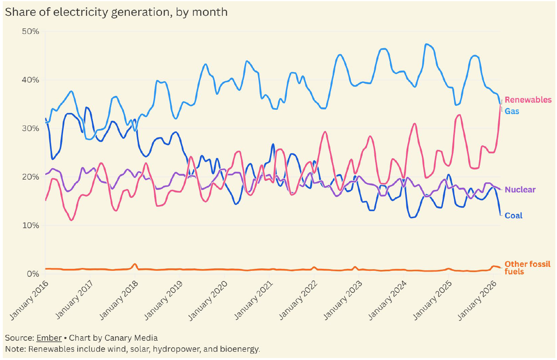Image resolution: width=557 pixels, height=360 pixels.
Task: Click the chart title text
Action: click(x=116, y=12)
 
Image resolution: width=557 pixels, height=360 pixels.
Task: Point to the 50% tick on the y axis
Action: click(x=31, y=32)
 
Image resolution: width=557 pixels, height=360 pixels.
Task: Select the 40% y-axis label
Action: click(x=31, y=80)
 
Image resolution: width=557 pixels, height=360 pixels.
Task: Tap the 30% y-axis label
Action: click(x=31, y=129)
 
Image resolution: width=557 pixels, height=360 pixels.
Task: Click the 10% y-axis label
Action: click(x=31, y=225)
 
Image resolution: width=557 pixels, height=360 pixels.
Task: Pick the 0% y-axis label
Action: click(x=33, y=274)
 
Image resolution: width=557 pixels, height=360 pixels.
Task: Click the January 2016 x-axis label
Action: click(x=29, y=300)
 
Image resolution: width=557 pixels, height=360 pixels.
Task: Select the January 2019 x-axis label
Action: click(x=163, y=300)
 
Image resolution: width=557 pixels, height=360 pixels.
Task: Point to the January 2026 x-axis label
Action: click(x=477, y=300)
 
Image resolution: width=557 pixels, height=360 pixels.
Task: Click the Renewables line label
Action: click(x=528, y=100)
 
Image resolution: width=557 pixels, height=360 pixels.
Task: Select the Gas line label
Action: click(x=512, y=111)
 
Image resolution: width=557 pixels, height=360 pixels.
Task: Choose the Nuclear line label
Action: click(x=520, y=189)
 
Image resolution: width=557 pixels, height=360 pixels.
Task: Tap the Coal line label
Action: click(x=513, y=216)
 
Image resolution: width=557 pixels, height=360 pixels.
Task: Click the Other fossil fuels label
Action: click(x=527, y=268)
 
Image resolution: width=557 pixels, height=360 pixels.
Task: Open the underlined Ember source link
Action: click(x=49, y=338)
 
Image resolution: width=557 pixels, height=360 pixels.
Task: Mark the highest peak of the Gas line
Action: click(x=426, y=44)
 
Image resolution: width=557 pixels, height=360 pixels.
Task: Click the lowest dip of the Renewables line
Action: click(x=71, y=220)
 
